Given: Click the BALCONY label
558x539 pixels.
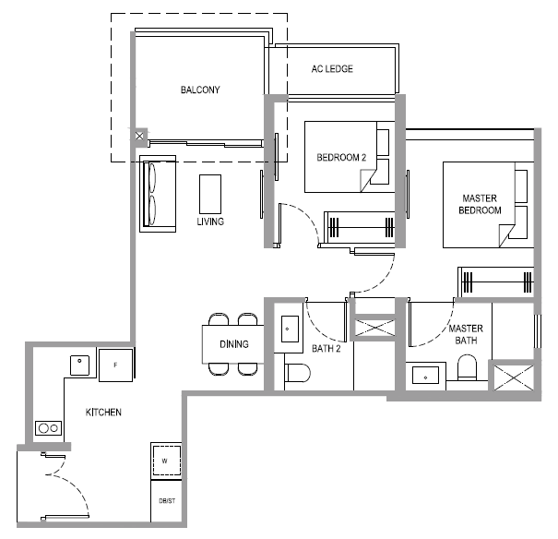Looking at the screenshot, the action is (x=200, y=90).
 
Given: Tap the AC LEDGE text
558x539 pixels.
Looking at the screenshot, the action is (x=332, y=68).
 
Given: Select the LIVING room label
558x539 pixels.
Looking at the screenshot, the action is (x=210, y=222).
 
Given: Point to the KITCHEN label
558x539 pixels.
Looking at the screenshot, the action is (x=103, y=413).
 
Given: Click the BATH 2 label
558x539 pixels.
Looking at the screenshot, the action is (x=326, y=349).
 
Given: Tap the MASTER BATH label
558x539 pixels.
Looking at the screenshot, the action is (x=466, y=334).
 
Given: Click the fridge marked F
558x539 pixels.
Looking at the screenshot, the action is (x=115, y=365).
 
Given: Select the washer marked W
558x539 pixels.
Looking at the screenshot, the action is (x=166, y=461).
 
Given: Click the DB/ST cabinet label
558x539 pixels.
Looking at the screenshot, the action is (x=167, y=501).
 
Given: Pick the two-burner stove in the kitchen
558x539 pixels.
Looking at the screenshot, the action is (x=48, y=428).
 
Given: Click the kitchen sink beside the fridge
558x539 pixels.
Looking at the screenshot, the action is (x=79, y=365).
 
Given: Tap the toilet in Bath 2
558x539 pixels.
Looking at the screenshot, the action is (x=297, y=373).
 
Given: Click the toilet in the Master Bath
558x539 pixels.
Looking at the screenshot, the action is (x=467, y=367).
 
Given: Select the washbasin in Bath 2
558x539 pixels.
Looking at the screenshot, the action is (x=290, y=329).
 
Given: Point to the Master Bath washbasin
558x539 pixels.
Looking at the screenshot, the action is (x=425, y=376).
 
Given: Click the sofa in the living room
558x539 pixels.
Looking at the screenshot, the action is (x=158, y=194).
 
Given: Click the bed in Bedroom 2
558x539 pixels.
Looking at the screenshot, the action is (x=350, y=157).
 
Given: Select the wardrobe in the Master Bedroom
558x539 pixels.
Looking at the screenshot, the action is (x=495, y=282).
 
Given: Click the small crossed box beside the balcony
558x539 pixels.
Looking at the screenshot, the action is (x=139, y=136).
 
